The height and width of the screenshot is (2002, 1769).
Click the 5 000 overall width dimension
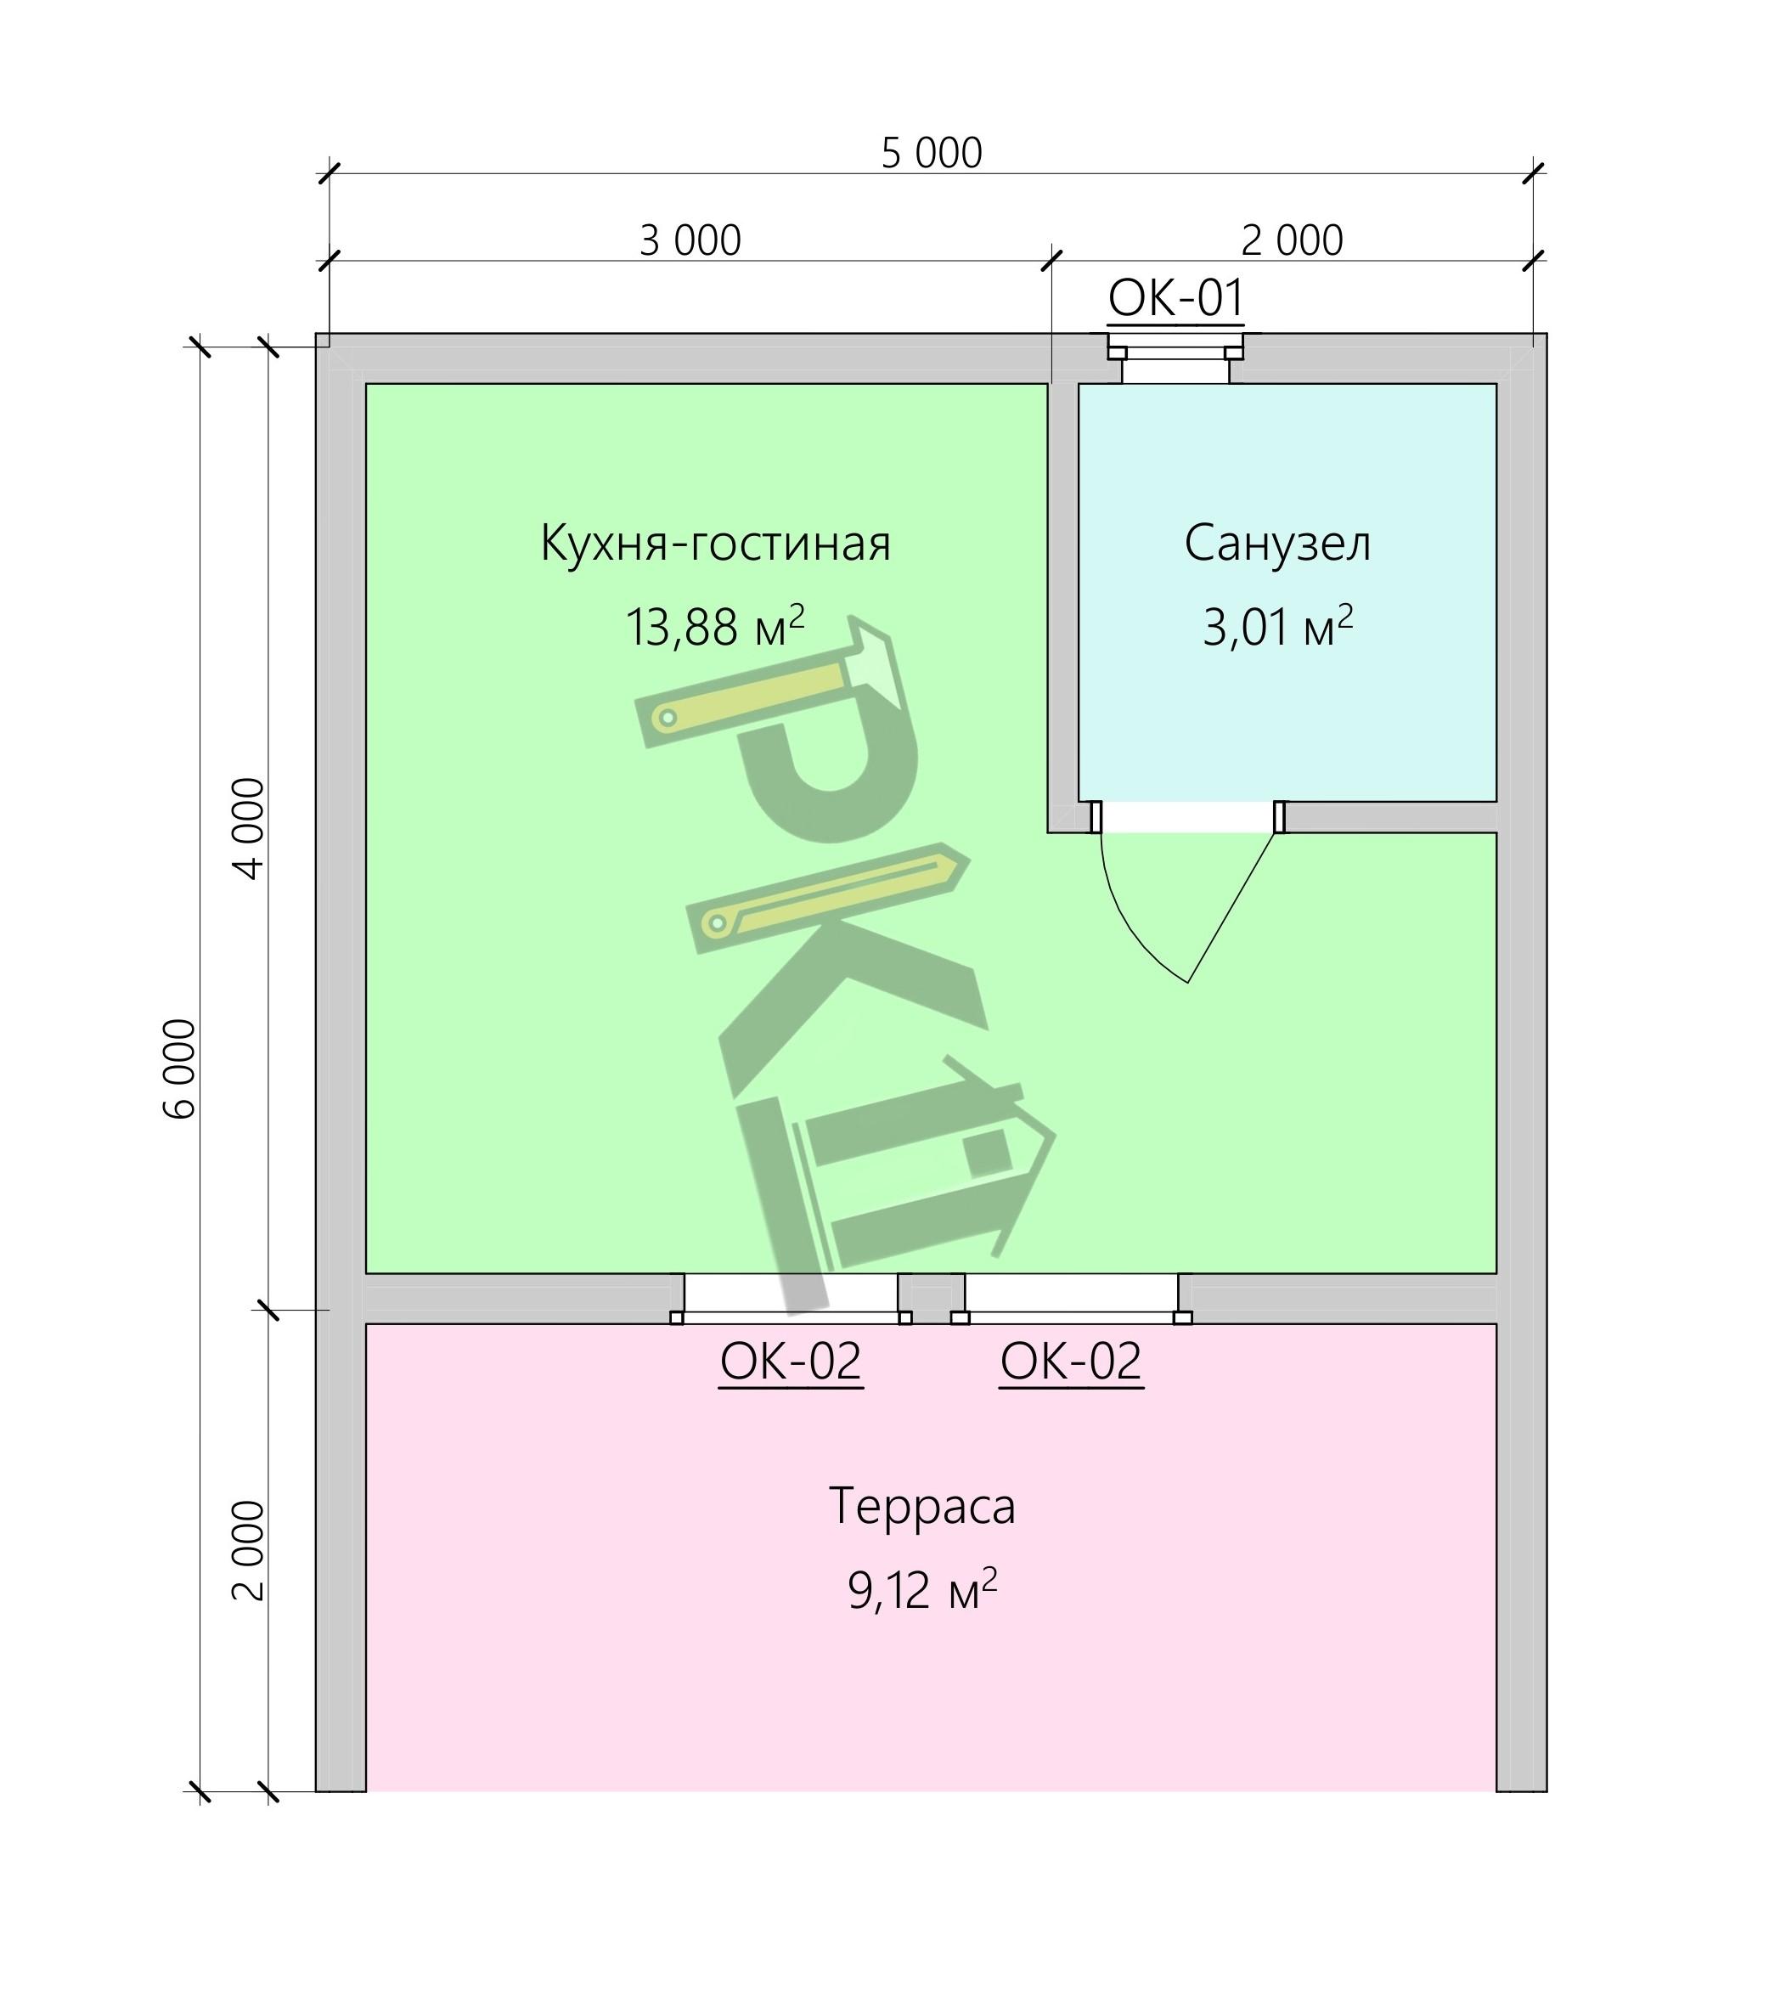[x=932, y=153]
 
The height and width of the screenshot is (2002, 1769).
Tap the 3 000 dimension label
[x=690, y=240]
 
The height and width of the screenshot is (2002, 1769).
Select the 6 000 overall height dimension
[x=180, y=1068]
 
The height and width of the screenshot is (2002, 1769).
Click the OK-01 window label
[x=1175, y=298]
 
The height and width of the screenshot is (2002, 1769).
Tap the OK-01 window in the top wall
[x=1175, y=358]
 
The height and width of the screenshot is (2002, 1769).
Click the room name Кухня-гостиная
[x=716, y=544]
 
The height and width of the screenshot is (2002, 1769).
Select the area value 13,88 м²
[x=715, y=627]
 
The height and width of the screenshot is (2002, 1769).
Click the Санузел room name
[x=1278, y=544]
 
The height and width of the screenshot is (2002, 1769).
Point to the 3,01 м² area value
[x=1278, y=627]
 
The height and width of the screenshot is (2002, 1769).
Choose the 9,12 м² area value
[x=921, y=1590]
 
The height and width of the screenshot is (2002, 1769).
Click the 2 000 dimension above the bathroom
[x=1292, y=240]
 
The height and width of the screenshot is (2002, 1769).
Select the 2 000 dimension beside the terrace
[x=249, y=1550]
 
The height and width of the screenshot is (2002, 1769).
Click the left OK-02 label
[x=791, y=1362]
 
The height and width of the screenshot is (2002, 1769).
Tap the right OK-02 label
[x=1072, y=1362]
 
